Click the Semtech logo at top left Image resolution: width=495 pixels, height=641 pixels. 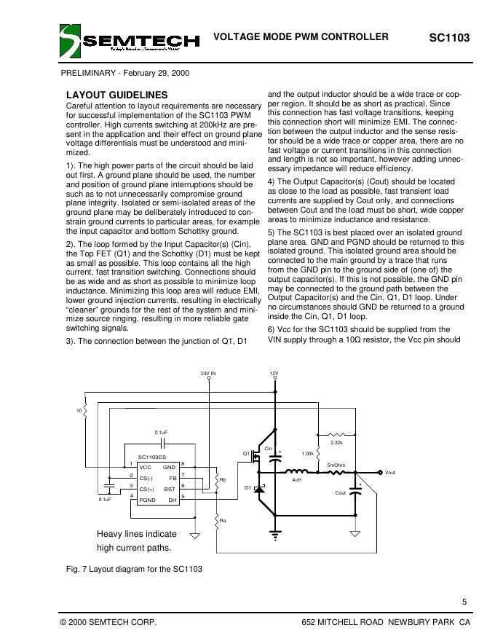point(129,41)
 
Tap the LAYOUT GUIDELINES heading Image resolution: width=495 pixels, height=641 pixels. point(116,95)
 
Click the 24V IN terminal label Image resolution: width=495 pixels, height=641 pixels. point(208,373)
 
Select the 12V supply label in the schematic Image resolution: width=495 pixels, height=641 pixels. point(274,373)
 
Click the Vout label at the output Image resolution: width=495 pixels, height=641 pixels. point(389,473)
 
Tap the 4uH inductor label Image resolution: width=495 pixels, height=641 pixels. point(296,481)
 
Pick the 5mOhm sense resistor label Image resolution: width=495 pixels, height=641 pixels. point(336,464)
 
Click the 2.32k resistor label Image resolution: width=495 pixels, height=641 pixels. point(336,442)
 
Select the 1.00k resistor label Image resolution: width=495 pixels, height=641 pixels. point(307,453)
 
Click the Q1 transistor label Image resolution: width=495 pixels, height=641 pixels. point(247,453)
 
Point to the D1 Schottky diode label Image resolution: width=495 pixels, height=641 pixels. point(247,487)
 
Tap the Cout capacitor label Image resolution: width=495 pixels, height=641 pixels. point(340,493)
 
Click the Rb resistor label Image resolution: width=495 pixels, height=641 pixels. point(223,480)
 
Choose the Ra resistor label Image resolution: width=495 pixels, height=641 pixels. point(223,519)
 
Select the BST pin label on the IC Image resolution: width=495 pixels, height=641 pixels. point(170,489)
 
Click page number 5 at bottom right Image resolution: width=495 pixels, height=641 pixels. point(464,601)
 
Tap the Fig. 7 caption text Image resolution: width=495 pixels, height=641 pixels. point(134,568)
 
